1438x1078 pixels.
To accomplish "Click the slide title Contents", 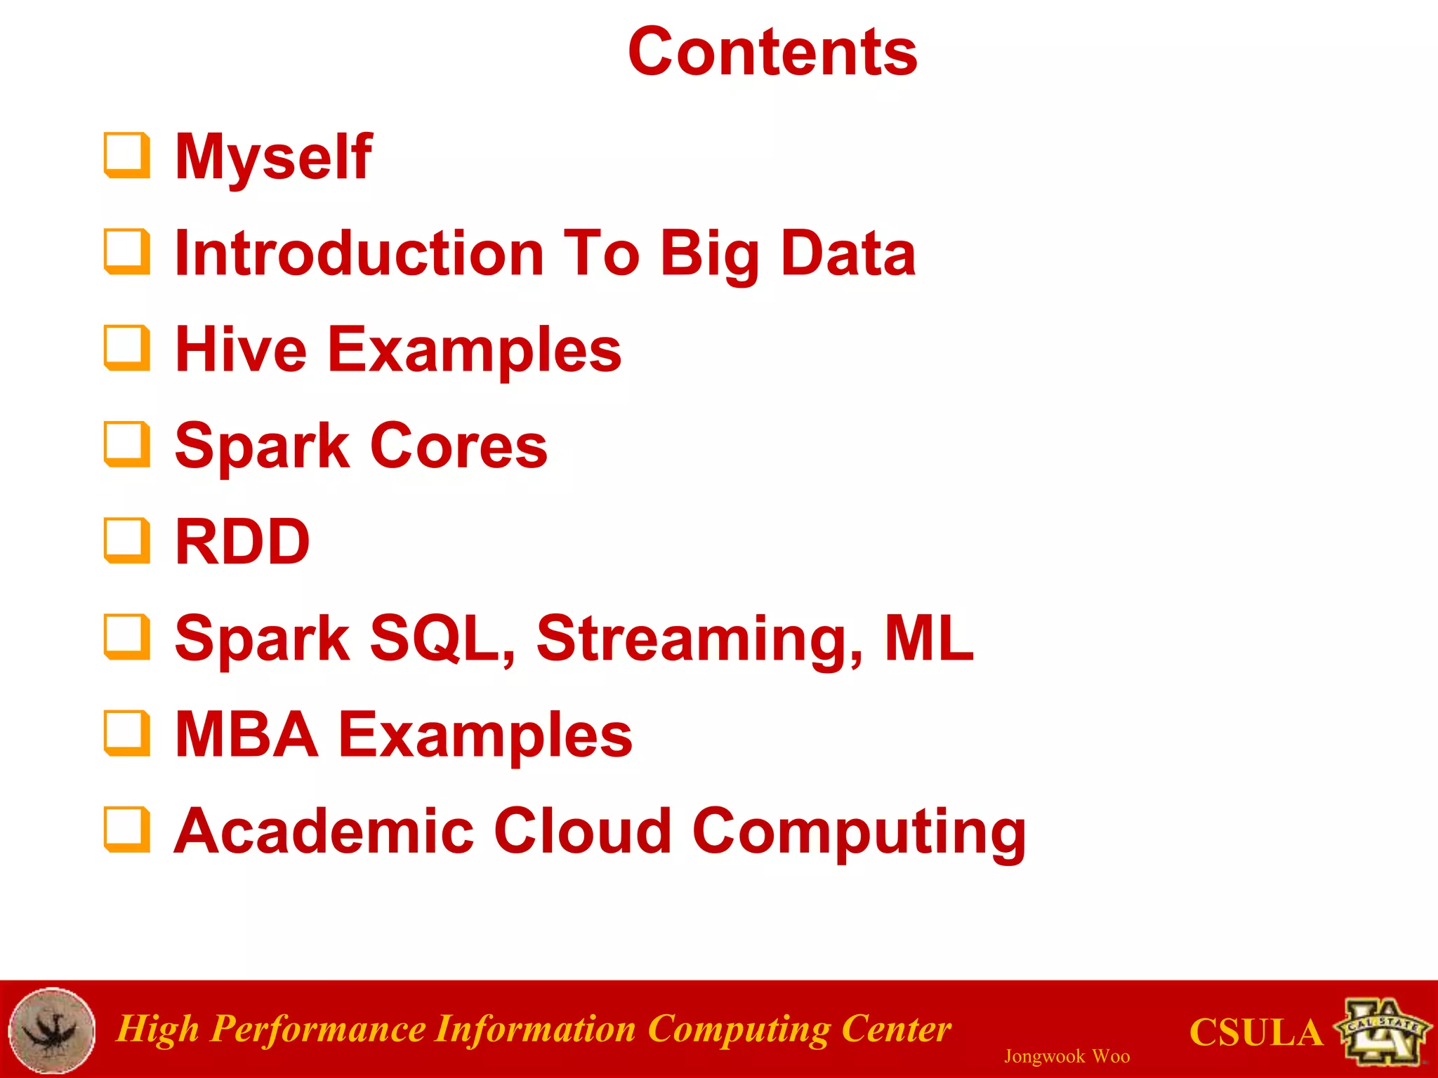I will pos(772,52).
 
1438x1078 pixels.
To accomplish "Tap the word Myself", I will pos(274,157).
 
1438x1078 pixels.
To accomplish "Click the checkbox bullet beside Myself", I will pos(127,155).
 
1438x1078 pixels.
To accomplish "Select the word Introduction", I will pos(359,253).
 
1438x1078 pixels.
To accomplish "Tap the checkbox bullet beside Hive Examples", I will pos(127,347).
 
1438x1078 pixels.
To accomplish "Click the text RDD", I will pos(242,542).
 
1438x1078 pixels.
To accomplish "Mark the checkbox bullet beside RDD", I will pos(127,540).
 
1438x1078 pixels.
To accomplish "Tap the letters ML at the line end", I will pos(929,638).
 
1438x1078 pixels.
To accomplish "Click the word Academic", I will pos(324,831).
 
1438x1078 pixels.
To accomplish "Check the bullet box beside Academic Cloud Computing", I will pos(127,830).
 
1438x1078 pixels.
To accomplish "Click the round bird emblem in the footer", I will pos(52,1030).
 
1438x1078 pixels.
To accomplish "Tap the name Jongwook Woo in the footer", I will pos(1067,1056).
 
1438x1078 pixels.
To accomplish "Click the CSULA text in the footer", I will pos(1255,1033).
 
